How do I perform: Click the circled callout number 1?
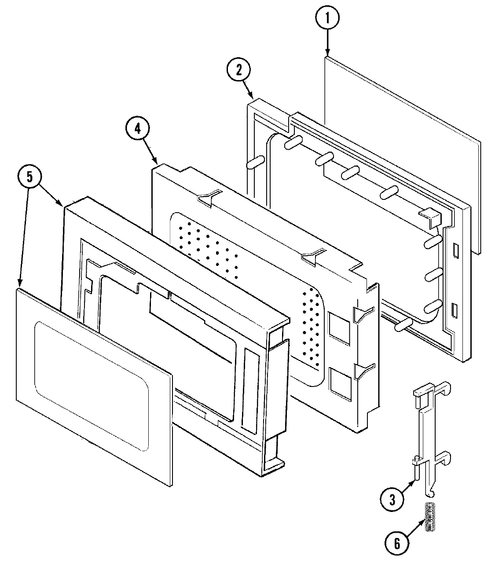(327, 18)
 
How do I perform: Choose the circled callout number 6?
(396, 544)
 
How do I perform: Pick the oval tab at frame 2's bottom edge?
(403, 325)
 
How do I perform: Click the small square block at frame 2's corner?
(432, 218)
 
